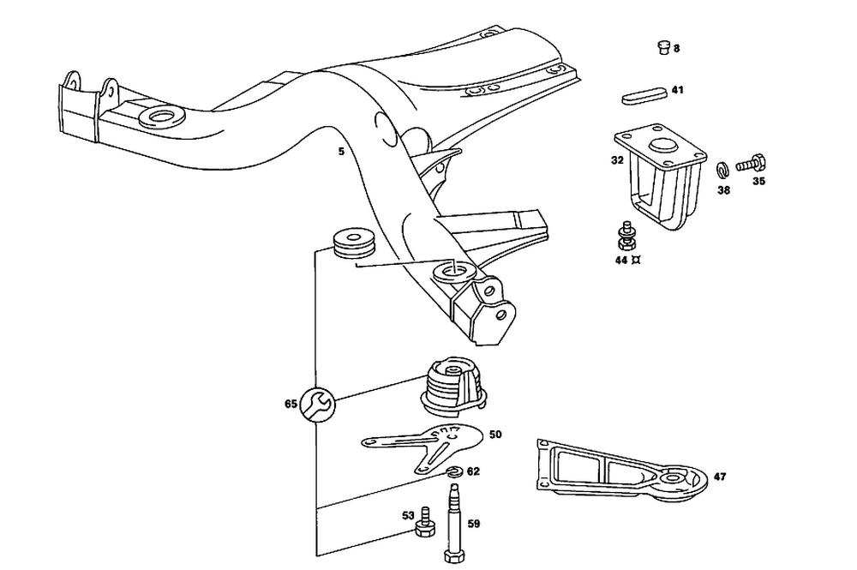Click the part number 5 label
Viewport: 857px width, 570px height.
[341, 152]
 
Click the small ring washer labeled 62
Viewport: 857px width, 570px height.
[454, 471]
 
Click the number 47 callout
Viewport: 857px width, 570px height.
[719, 477]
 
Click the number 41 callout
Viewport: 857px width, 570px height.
[677, 90]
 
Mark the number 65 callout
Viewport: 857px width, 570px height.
[291, 402]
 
